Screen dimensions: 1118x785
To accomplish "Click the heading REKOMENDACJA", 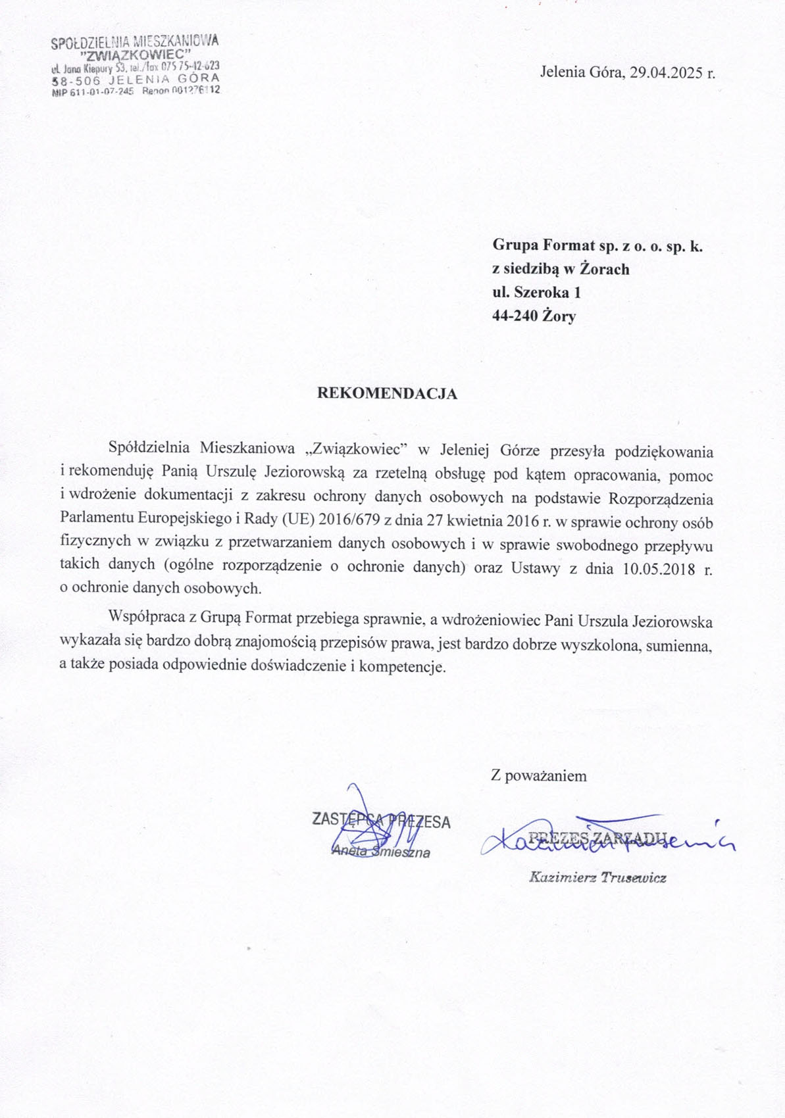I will point(387,394).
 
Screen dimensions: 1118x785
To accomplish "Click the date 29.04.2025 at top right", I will point(666,72).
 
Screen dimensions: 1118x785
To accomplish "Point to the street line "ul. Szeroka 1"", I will point(536,293).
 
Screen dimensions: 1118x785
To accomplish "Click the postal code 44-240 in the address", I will point(515,316).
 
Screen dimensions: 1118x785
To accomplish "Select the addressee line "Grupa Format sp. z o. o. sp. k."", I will point(597,246).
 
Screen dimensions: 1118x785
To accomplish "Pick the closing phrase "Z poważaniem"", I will point(538,776).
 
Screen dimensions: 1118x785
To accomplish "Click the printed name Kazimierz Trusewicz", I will point(597,877).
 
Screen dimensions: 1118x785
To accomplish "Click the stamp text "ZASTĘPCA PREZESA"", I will point(381,821).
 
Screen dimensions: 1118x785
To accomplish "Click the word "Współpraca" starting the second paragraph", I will point(143,620).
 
